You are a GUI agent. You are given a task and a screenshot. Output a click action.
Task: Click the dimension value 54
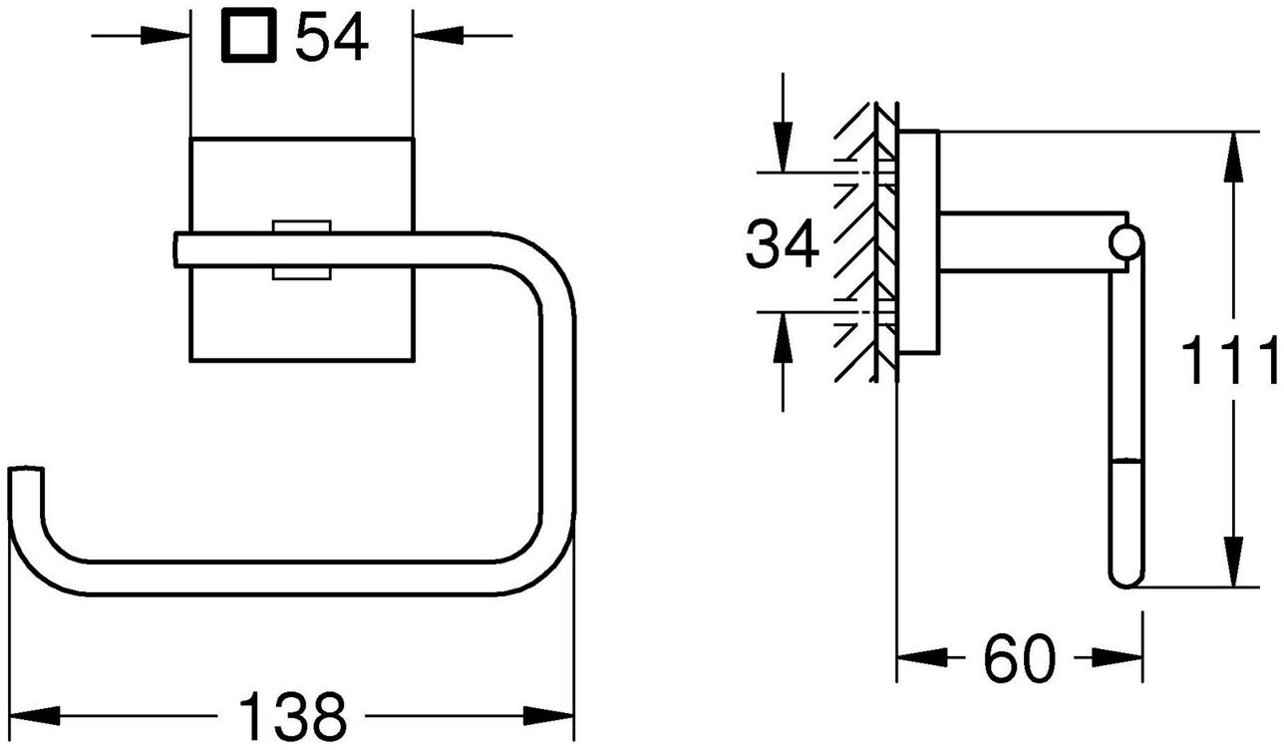pos(333,39)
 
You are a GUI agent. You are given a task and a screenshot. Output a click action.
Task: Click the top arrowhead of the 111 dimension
pos(1234,151)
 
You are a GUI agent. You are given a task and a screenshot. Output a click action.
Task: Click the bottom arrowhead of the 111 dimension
pos(1234,568)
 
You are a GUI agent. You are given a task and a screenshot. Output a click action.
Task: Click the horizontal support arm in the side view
pos(1027,241)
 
